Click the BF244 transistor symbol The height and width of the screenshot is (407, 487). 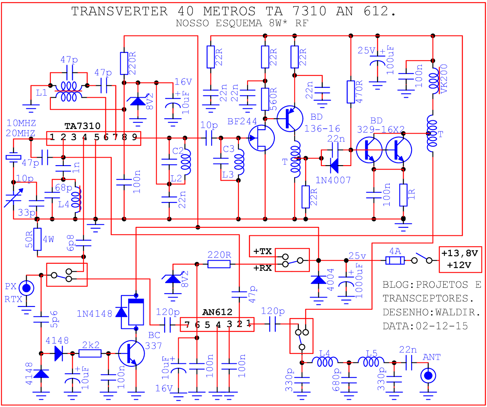261,138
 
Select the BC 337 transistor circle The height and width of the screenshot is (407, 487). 131,353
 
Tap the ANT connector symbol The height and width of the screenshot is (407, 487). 428,376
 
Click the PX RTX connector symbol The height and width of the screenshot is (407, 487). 26,288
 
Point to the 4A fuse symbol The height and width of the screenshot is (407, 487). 395,260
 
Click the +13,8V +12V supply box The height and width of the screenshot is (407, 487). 460,259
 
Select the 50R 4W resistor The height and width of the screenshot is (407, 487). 37,239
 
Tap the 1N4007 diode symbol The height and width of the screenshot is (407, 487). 334,165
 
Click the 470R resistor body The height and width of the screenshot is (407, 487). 351,92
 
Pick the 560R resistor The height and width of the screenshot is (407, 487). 265,99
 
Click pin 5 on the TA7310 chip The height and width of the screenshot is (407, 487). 96,137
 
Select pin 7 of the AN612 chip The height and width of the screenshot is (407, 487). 187,325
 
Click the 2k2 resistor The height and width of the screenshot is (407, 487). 90,353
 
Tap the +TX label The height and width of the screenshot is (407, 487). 262,251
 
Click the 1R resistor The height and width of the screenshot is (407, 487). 403,195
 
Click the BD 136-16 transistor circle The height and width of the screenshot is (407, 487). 290,119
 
